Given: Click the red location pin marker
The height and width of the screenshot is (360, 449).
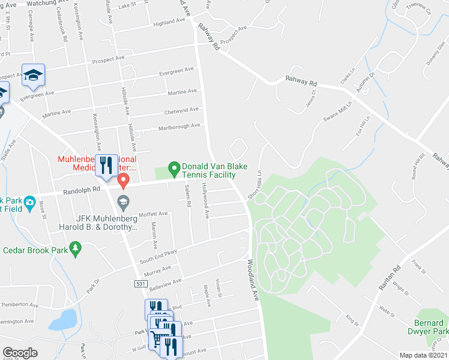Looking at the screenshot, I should [124, 179].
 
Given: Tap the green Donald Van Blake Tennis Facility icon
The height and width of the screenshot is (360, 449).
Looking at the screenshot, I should [174, 168].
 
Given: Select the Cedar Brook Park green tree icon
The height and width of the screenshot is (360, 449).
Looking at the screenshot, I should [75, 248].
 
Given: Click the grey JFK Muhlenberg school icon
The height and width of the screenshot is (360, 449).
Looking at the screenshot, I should [123, 200].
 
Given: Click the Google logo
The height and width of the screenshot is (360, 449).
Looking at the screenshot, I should [20, 352].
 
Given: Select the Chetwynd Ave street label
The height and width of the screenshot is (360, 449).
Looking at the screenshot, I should [181, 111].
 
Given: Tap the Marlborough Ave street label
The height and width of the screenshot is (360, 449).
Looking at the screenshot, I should [178, 127].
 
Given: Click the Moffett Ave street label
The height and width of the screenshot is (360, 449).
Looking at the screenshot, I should [153, 214].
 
